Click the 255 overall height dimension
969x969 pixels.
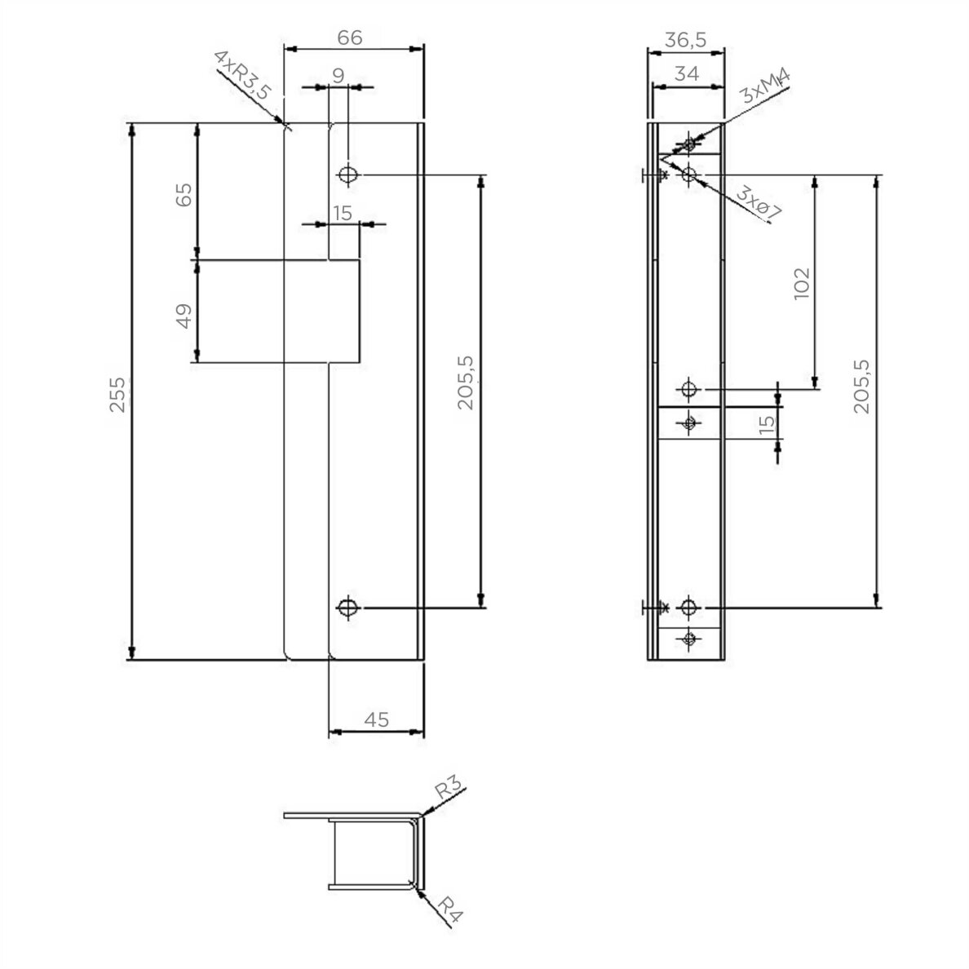tap(117, 395)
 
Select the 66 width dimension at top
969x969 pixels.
tap(350, 38)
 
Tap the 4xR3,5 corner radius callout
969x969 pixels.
tap(242, 75)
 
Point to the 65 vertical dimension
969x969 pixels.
tap(184, 194)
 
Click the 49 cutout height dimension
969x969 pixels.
tap(184, 316)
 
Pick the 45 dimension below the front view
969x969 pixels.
tap(376, 719)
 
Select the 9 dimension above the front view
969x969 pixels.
tap(338, 75)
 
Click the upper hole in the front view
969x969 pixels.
tap(348, 175)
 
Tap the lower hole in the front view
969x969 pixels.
tap(348, 608)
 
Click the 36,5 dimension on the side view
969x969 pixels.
tap(685, 39)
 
